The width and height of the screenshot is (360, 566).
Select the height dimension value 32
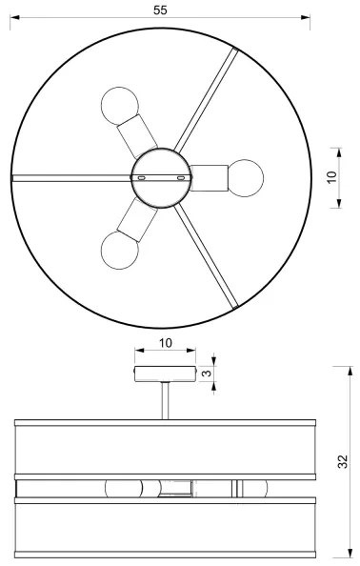click(x=344, y=462)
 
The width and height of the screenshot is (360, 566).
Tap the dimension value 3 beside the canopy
click(x=205, y=374)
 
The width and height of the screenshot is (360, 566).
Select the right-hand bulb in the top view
click(x=246, y=175)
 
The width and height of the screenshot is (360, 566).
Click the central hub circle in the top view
click(x=160, y=177)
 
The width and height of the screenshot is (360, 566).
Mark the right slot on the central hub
click(x=180, y=178)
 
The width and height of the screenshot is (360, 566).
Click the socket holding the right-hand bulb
click(x=209, y=175)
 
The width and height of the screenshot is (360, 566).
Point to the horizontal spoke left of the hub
click(x=72, y=177)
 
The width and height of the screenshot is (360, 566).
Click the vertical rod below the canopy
click(x=166, y=399)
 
